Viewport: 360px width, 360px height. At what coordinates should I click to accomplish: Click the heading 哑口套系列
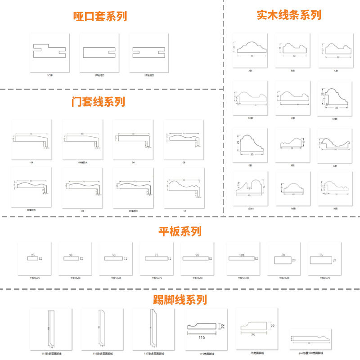[x=100, y=17]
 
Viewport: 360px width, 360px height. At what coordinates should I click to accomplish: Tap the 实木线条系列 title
[x=288, y=15]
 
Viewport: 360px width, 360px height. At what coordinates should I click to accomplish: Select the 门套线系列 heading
[x=98, y=102]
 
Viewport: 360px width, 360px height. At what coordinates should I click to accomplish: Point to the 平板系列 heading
[x=180, y=231]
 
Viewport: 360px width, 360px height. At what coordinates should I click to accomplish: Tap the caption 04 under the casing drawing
[x=31, y=162]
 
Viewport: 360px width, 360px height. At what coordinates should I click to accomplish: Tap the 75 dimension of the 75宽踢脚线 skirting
[x=253, y=335]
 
